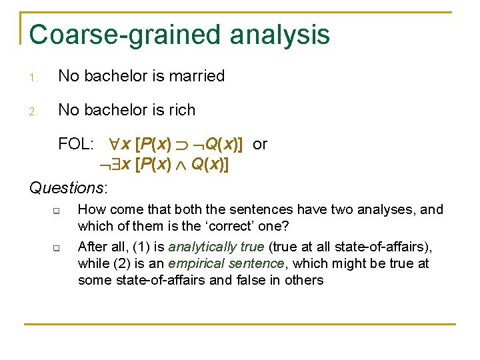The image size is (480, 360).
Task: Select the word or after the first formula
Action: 260,144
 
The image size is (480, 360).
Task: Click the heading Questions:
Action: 69,187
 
